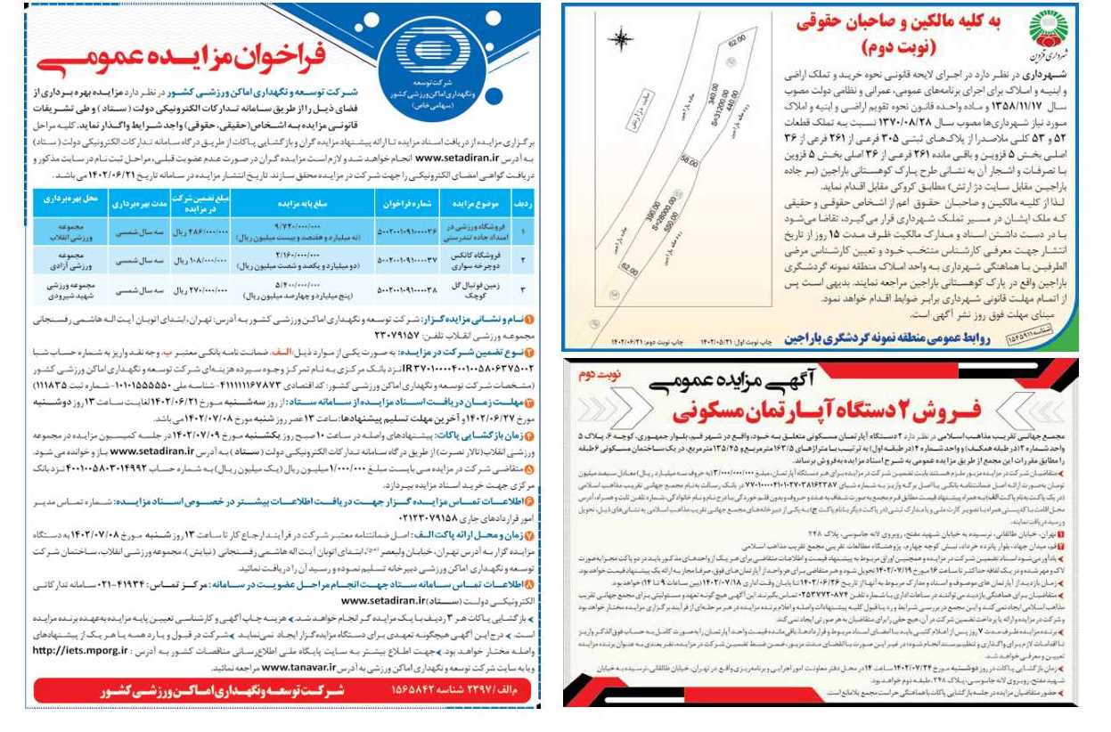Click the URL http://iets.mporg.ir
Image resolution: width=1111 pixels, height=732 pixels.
(83, 651)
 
